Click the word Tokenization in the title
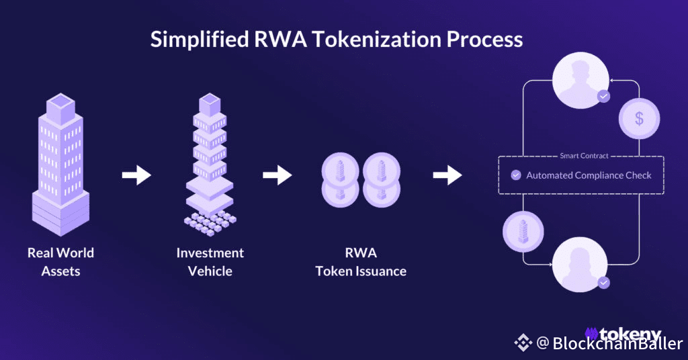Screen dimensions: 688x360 coord(377,39)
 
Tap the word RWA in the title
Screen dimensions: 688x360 coord(281,39)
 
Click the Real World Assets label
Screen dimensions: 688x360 coord(60,262)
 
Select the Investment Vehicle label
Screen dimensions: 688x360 coord(210,262)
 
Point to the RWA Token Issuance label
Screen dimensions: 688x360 coord(361,262)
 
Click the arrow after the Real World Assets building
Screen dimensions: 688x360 coord(136,175)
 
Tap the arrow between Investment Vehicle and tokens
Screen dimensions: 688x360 coord(277,175)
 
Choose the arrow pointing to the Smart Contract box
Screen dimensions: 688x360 coord(447,175)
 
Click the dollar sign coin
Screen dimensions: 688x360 coord(640,118)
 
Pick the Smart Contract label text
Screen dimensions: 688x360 coord(584,156)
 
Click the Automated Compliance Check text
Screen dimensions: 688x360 coord(589,175)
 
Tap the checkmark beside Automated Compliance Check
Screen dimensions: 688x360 coord(516,175)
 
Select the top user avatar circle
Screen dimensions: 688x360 coord(580,80)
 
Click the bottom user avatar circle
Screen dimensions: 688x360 coord(580,265)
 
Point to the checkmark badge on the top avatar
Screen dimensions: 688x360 coord(604,96)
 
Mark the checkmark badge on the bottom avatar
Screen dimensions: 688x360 coord(604,283)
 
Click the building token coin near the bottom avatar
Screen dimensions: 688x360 coord(523,232)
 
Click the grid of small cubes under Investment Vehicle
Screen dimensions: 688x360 coord(210,223)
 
